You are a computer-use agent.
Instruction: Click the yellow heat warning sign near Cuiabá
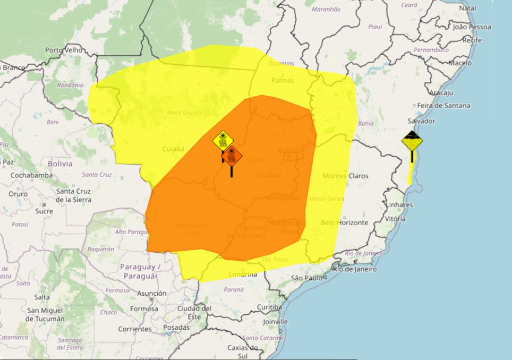click(x=223, y=141)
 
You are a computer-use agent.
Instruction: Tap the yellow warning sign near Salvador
click(x=412, y=142)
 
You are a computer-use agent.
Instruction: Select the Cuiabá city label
click(x=173, y=149)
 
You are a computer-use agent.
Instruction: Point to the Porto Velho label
click(x=62, y=50)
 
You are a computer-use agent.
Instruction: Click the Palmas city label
click(x=283, y=81)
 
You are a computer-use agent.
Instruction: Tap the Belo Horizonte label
click(x=344, y=222)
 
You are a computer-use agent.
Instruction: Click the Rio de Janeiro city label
click(x=355, y=269)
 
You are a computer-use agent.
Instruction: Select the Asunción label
click(x=151, y=293)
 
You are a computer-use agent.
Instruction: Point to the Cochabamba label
click(x=31, y=175)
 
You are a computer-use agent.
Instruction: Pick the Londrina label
click(x=243, y=275)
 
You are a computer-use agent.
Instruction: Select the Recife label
click(x=472, y=40)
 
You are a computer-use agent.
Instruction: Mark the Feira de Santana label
click(x=443, y=106)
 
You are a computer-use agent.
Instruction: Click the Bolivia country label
click(x=59, y=164)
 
